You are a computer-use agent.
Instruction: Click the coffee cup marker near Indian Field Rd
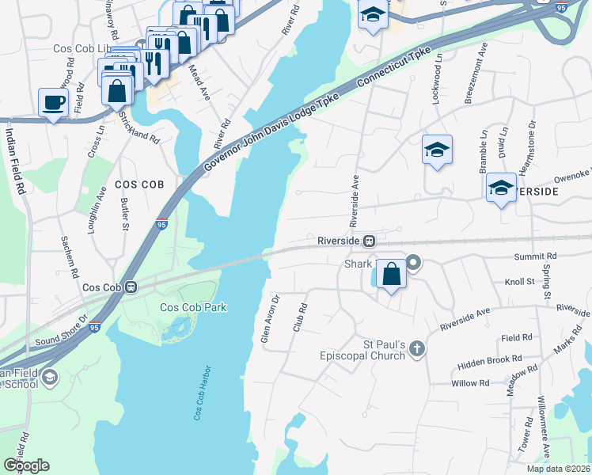[54, 102]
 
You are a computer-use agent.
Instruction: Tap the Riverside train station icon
[369, 240]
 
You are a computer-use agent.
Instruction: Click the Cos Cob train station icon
[132, 287]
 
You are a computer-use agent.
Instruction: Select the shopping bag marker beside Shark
[391, 275]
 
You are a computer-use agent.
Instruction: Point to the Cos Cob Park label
[193, 307]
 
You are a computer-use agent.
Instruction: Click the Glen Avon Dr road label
[271, 319]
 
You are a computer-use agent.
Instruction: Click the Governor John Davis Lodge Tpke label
[271, 132]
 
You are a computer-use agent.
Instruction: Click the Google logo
[26, 465]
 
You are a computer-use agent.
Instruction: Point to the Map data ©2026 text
[558, 469]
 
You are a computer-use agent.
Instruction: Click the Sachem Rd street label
[70, 256]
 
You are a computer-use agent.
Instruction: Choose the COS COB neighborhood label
[139, 184]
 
